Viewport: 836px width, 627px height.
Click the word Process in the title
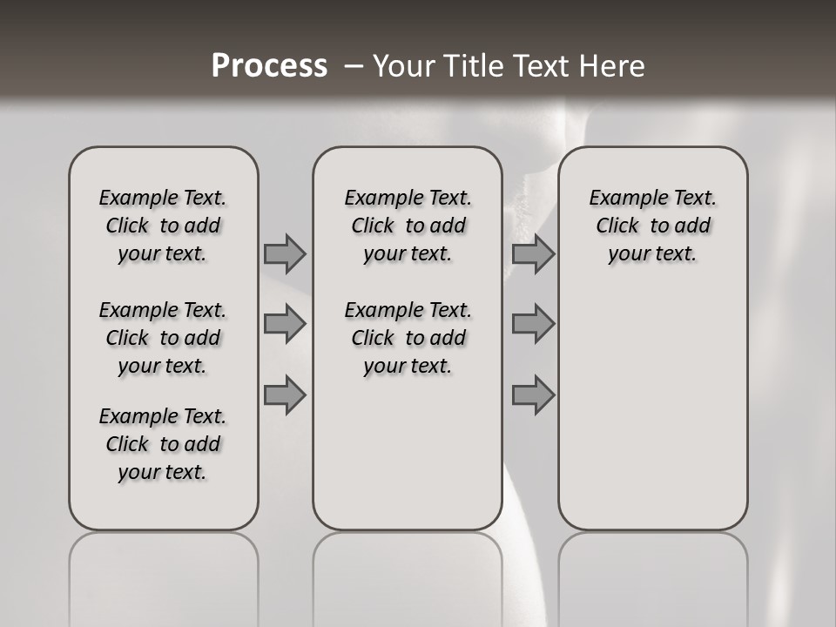[x=269, y=66]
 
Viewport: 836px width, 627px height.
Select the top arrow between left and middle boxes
[x=285, y=253]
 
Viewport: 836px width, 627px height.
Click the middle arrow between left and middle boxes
[x=285, y=324]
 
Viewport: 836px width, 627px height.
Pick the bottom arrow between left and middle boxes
[x=285, y=394]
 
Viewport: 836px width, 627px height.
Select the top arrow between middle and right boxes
[x=533, y=253]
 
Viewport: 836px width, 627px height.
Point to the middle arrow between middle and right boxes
[x=533, y=324]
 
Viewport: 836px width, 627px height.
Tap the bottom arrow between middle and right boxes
[x=533, y=394]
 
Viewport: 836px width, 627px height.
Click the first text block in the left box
[x=163, y=226]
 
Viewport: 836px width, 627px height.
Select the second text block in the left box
[x=163, y=338]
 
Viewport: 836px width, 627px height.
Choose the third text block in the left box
[x=163, y=444]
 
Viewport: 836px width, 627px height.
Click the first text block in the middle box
[x=408, y=226]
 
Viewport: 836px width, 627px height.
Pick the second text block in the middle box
[x=408, y=338]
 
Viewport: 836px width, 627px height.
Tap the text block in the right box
[x=653, y=226]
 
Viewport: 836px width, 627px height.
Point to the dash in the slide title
[x=354, y=66]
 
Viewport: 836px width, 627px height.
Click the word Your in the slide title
[x=403, y=66]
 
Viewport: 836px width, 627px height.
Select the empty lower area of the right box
[x=653, y=409]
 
